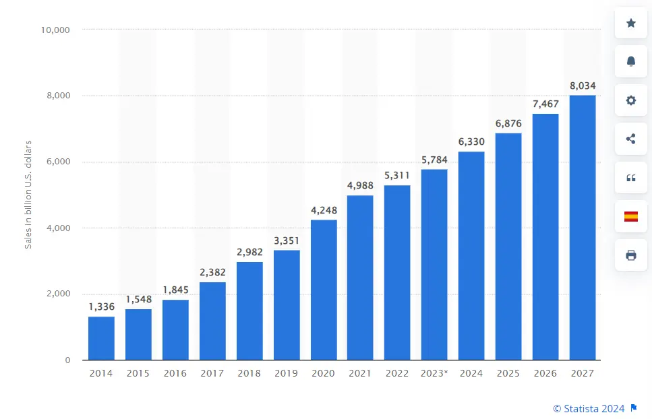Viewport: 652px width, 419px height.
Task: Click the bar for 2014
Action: (x=101, y=338)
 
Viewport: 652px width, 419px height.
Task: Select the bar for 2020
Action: (x=324, y=290)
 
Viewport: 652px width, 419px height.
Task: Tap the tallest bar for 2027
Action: (x=583, y=228)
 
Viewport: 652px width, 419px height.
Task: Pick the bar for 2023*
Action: (x=434, y=264)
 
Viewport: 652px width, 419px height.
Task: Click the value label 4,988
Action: (x=361, y=186)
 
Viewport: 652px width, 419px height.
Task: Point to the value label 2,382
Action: (x=212, y=272)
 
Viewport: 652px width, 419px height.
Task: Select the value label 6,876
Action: (x=508, y=123)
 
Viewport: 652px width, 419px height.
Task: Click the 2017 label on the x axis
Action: (x=212, y=373)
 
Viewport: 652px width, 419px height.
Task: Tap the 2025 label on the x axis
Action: (x=508, y=373)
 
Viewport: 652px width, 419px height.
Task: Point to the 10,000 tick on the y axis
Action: (x=56, y=30)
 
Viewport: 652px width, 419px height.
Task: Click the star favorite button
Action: (x=631, y=23)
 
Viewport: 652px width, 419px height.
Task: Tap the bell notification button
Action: (x=631, y=61)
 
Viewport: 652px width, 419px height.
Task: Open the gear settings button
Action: (x=631, y=100)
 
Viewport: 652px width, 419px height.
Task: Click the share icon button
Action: (x=631, y=139)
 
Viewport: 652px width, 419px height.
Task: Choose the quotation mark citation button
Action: (x=631, y=178)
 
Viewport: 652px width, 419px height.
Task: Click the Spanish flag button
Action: (x=631, y=216)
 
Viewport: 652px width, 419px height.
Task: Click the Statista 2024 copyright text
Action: (x=589, y=408)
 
